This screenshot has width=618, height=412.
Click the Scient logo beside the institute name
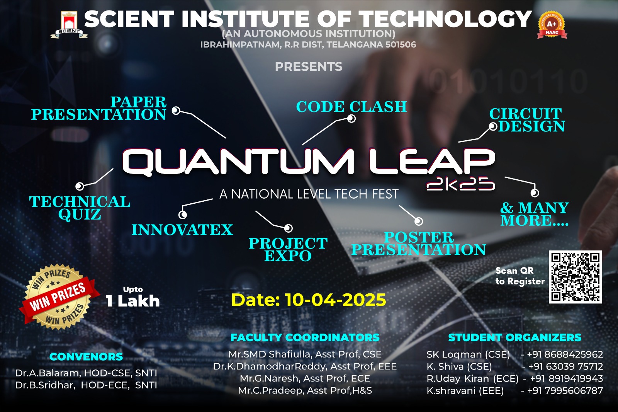[69, 25]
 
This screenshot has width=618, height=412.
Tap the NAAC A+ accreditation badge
[552, 25]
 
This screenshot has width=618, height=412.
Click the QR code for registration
[575, 277]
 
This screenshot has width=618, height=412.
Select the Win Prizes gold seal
[58, 297]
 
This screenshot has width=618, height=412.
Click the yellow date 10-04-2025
[308, 300]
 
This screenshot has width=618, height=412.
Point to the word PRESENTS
[309, 66]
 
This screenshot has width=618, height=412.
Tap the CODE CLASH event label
[351, 107]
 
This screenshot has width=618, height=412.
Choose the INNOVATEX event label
[182, 230]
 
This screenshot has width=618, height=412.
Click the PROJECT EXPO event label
[288, 249]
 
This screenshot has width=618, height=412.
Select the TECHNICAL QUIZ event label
[80, 208]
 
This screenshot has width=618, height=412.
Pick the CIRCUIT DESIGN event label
[527, 120]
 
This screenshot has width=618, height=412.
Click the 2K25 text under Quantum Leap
[461, 184]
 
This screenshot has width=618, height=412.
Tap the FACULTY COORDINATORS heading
[305, 337]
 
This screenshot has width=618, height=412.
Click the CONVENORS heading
[86, 357]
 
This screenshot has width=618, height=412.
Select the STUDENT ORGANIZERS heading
[515, 337]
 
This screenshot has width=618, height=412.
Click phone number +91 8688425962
[565, 354]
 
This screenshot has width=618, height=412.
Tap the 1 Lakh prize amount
[133, 301]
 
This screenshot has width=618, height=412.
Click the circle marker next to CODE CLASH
[351, 119]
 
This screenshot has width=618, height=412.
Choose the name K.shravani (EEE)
[465, 390]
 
